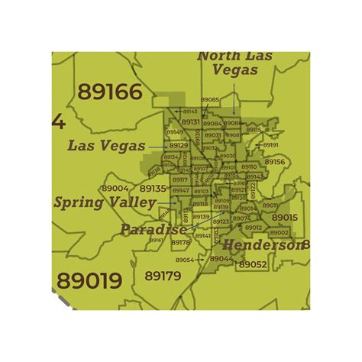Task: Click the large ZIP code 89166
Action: point(110,93)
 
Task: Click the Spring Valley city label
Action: point(105,203)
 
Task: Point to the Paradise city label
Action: point(153,229)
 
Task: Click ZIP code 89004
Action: point(115,188)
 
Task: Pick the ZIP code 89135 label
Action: point(153,189)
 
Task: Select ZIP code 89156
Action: point(274,162)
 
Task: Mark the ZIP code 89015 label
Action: point(284,218)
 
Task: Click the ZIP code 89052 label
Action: point(252,264)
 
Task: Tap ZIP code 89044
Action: point(221,258)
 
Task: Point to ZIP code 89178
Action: point(180,243)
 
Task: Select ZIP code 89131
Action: point(191,122)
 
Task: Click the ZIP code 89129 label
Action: point(178,145)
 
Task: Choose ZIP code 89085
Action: point(210,100)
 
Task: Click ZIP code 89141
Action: point(202,237)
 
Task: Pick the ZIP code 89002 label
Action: point(279,232)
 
